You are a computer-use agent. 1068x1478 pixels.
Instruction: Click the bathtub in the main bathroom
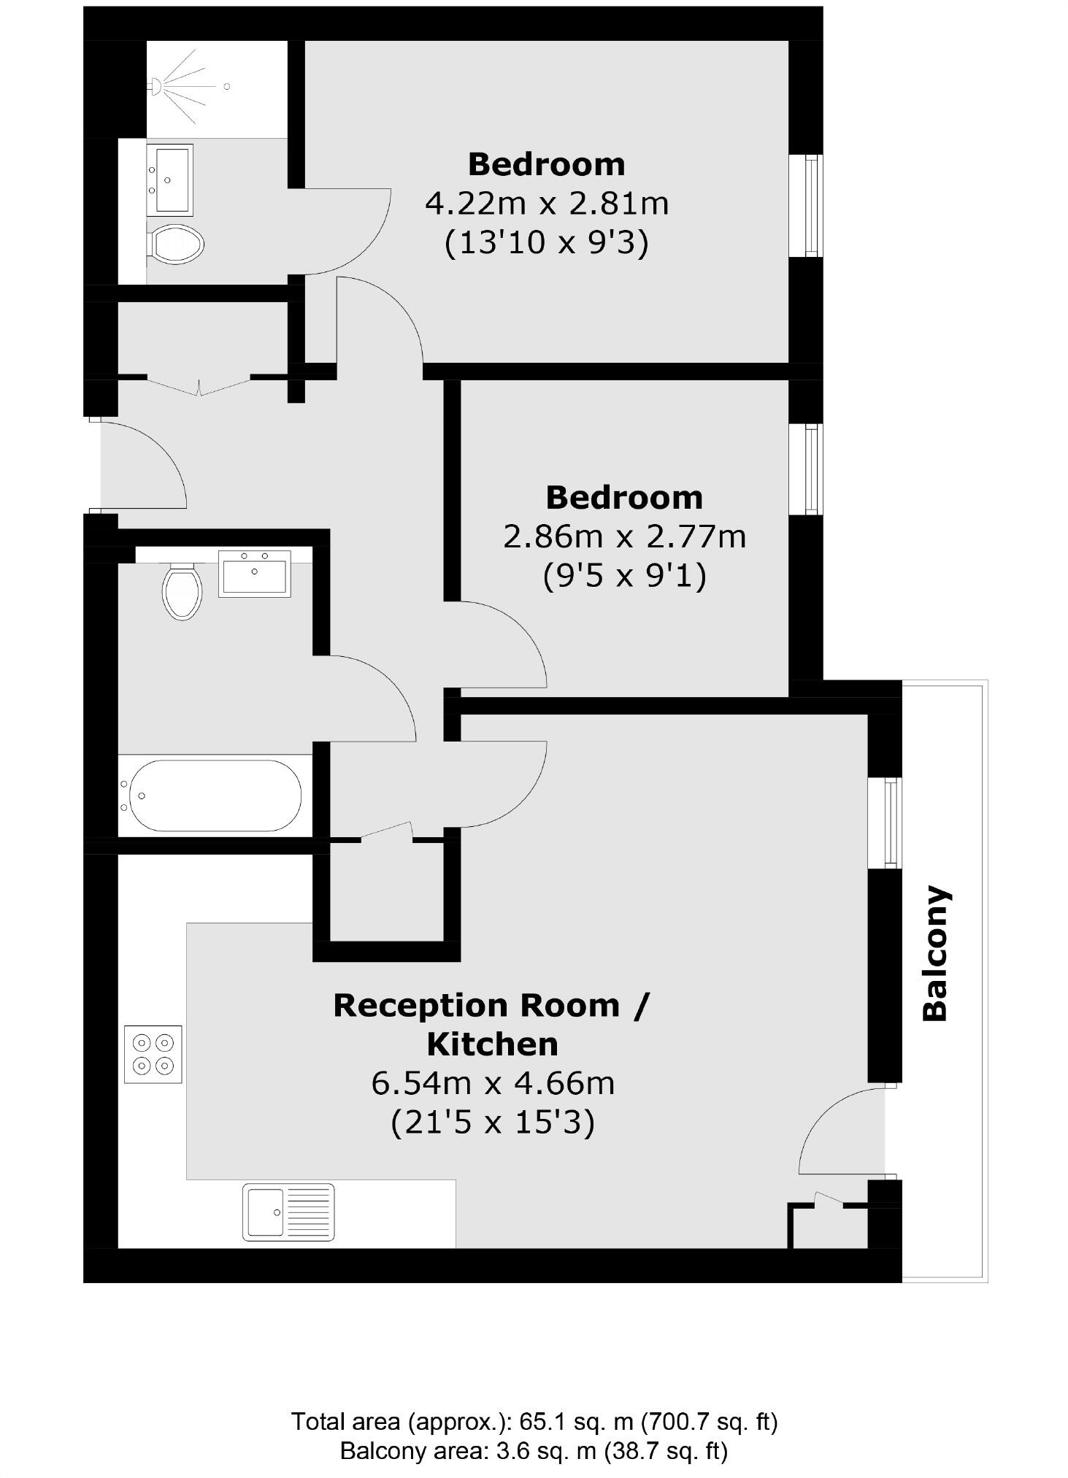click(x=212, y=795)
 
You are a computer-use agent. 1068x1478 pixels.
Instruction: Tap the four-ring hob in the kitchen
click(x=153, y=1054)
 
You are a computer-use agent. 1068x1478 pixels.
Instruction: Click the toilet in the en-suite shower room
click(x=176, y=243)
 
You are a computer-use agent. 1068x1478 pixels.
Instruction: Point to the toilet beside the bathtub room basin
click(x=182, y=590)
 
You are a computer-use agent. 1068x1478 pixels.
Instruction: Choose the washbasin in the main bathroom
click(x=255, y=574)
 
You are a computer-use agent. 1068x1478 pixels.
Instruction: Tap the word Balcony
click(x=935, y=953)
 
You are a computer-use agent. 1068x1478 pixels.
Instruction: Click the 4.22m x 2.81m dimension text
click(x=547, y=204)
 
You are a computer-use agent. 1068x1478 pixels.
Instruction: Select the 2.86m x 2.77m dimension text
click(x=624, y=537)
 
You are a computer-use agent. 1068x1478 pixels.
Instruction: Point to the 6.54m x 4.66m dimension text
click(x=493, y=1083)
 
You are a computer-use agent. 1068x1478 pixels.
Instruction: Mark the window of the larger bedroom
click(x=812, y=205)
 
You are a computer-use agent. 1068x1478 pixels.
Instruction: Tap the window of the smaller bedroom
click(x=812, y=469)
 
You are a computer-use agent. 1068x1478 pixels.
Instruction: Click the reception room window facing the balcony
click(x=891, y=823)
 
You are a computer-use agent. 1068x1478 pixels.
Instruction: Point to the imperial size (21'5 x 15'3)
click(x=493, y=1122)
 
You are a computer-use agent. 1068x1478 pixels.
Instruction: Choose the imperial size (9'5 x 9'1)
click(x=624, y=577)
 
